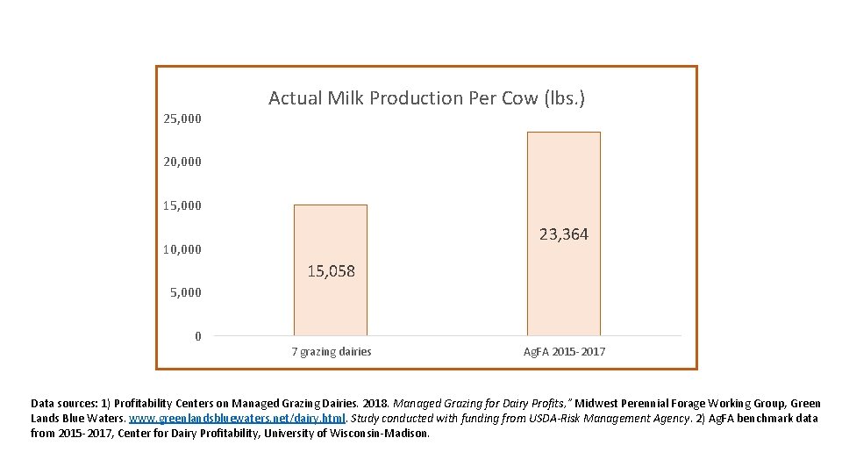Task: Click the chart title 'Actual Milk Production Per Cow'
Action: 426,98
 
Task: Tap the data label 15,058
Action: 331,271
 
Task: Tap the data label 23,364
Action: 563,234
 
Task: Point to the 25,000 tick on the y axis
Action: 182,118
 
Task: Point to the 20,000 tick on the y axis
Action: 182,162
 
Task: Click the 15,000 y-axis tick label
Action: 182,205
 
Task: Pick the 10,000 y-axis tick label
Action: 182,249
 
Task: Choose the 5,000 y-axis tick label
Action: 185,292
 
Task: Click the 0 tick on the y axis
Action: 198,336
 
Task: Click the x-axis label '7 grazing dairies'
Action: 331,352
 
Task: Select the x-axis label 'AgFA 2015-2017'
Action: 564,352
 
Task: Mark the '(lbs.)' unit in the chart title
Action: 561,98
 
